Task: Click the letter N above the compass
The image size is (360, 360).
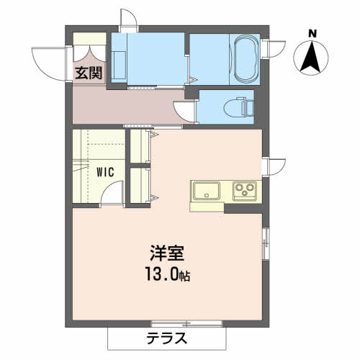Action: [312, 33]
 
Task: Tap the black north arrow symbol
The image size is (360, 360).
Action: [312, 58]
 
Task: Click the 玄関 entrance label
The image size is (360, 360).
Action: [89, 72]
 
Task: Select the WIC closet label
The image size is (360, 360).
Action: [106, 172]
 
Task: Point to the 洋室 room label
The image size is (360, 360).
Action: [167, 254]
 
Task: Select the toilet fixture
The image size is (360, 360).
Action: [237, 107]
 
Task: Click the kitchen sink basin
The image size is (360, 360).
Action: [206, 192]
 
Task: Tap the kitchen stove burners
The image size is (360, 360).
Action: [243, 192]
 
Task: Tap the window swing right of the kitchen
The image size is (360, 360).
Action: [275, 165]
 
